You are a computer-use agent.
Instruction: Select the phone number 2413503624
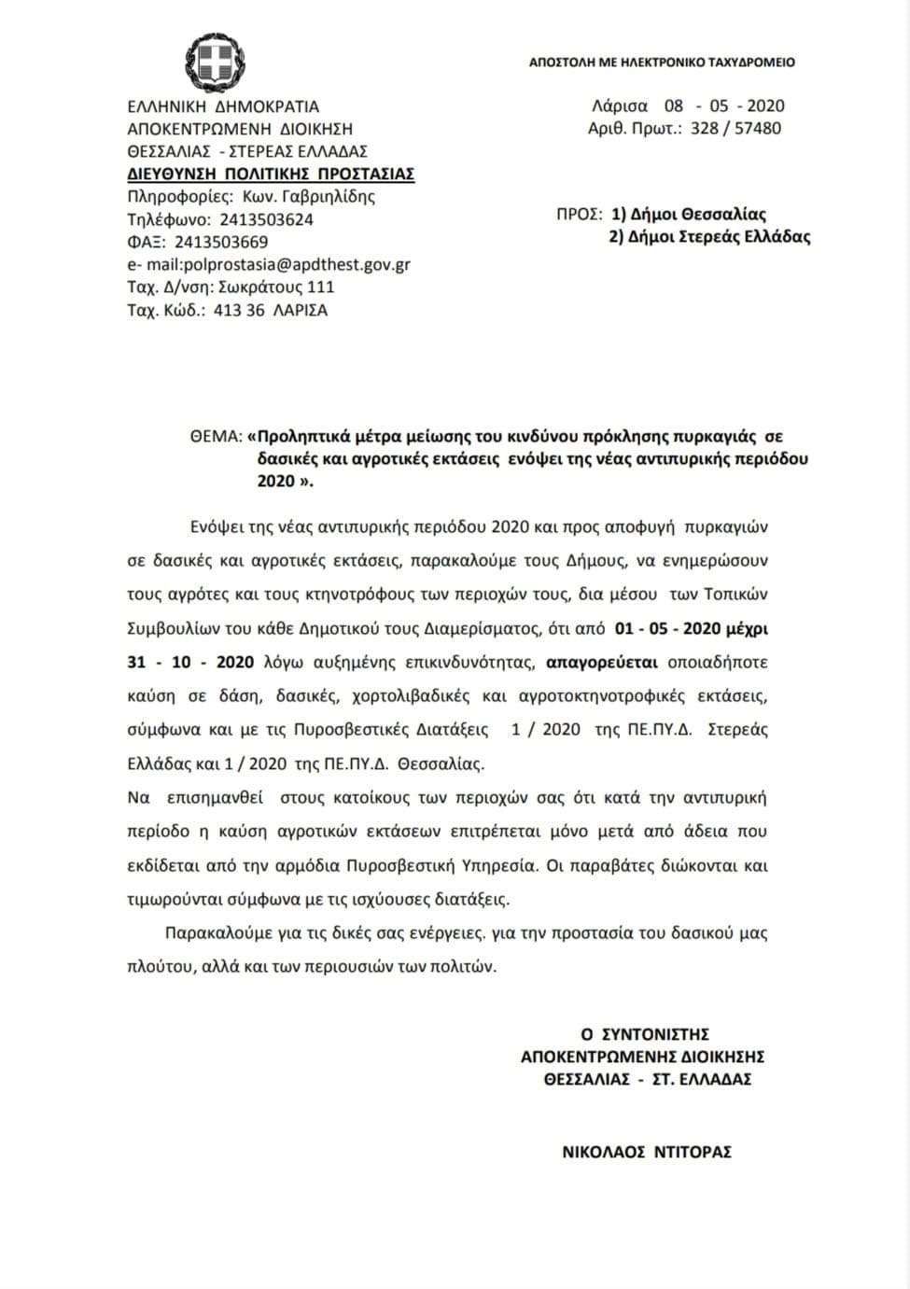(x=266, y=220)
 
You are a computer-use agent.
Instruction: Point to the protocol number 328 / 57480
(x=735, y=129)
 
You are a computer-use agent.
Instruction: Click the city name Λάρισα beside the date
(x=619, y=105)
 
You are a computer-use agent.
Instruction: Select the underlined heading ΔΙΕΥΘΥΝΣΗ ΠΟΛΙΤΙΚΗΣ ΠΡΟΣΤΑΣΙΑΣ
(x=271, y=175)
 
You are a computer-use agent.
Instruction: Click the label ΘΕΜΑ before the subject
(x=216, y=436)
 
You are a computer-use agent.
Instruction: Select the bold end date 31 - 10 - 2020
(x=190, y=662)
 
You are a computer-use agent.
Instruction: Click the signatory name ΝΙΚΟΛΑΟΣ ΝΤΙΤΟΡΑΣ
(x=646, y=1152)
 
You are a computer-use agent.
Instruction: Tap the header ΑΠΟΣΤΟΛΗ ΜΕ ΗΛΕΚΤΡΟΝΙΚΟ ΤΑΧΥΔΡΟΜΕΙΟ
(x=662, y=63)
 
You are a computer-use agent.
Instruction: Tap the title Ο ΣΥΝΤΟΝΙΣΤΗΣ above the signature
(x=645, y=1034)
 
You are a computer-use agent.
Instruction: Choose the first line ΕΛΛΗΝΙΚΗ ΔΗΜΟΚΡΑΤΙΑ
(x=223, y=106)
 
